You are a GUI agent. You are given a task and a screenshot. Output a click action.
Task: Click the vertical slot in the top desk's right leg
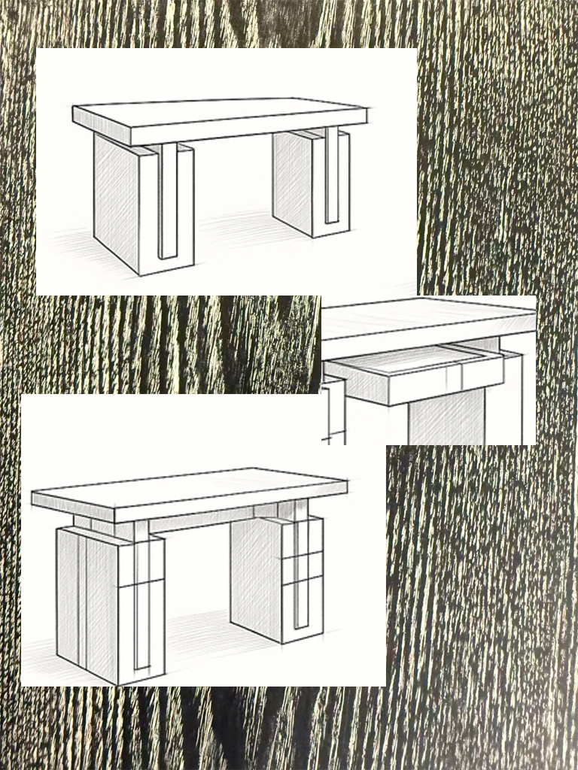(331, 177)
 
